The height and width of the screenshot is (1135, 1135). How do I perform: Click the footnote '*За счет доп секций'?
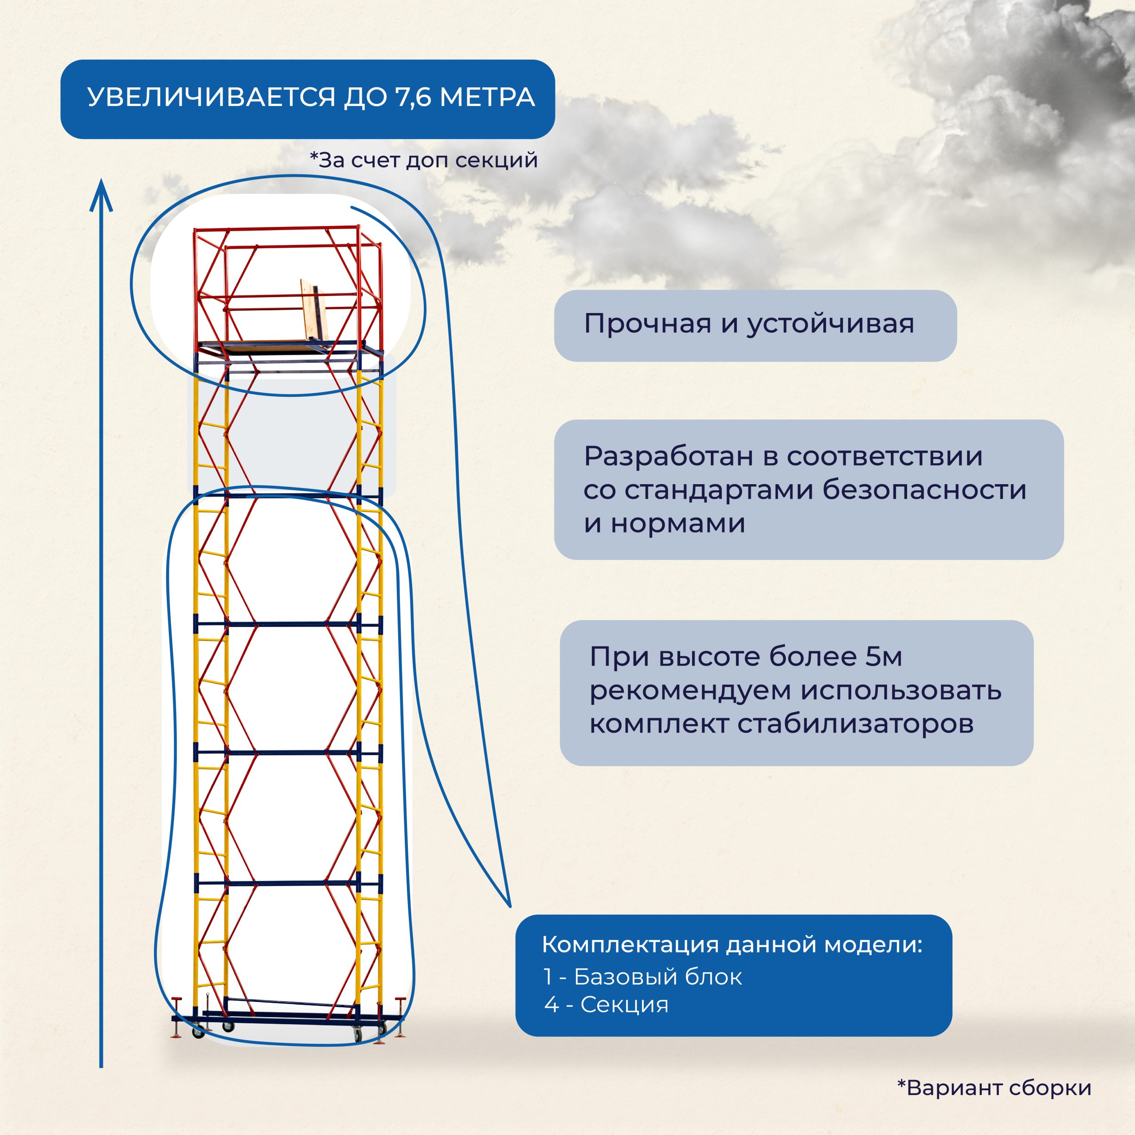(423, 160)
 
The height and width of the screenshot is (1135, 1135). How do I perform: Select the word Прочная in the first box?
(647, 324)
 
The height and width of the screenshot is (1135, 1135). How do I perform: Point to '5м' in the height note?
(884, 656)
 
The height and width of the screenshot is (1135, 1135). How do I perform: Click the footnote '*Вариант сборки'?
(994, 1088)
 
